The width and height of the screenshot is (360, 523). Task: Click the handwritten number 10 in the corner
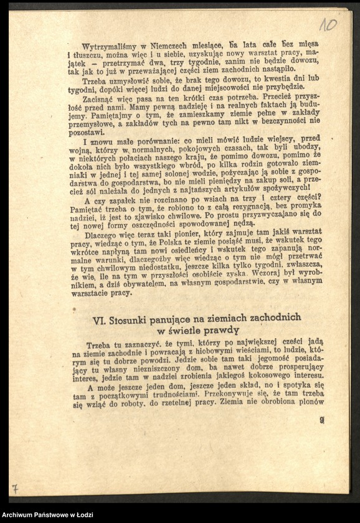click(328, 25)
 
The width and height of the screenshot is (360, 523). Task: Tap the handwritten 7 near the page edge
click(14, 489)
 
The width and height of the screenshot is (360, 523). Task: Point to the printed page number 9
click(321, 420)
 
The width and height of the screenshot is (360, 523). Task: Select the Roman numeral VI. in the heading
click(99, 321)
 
